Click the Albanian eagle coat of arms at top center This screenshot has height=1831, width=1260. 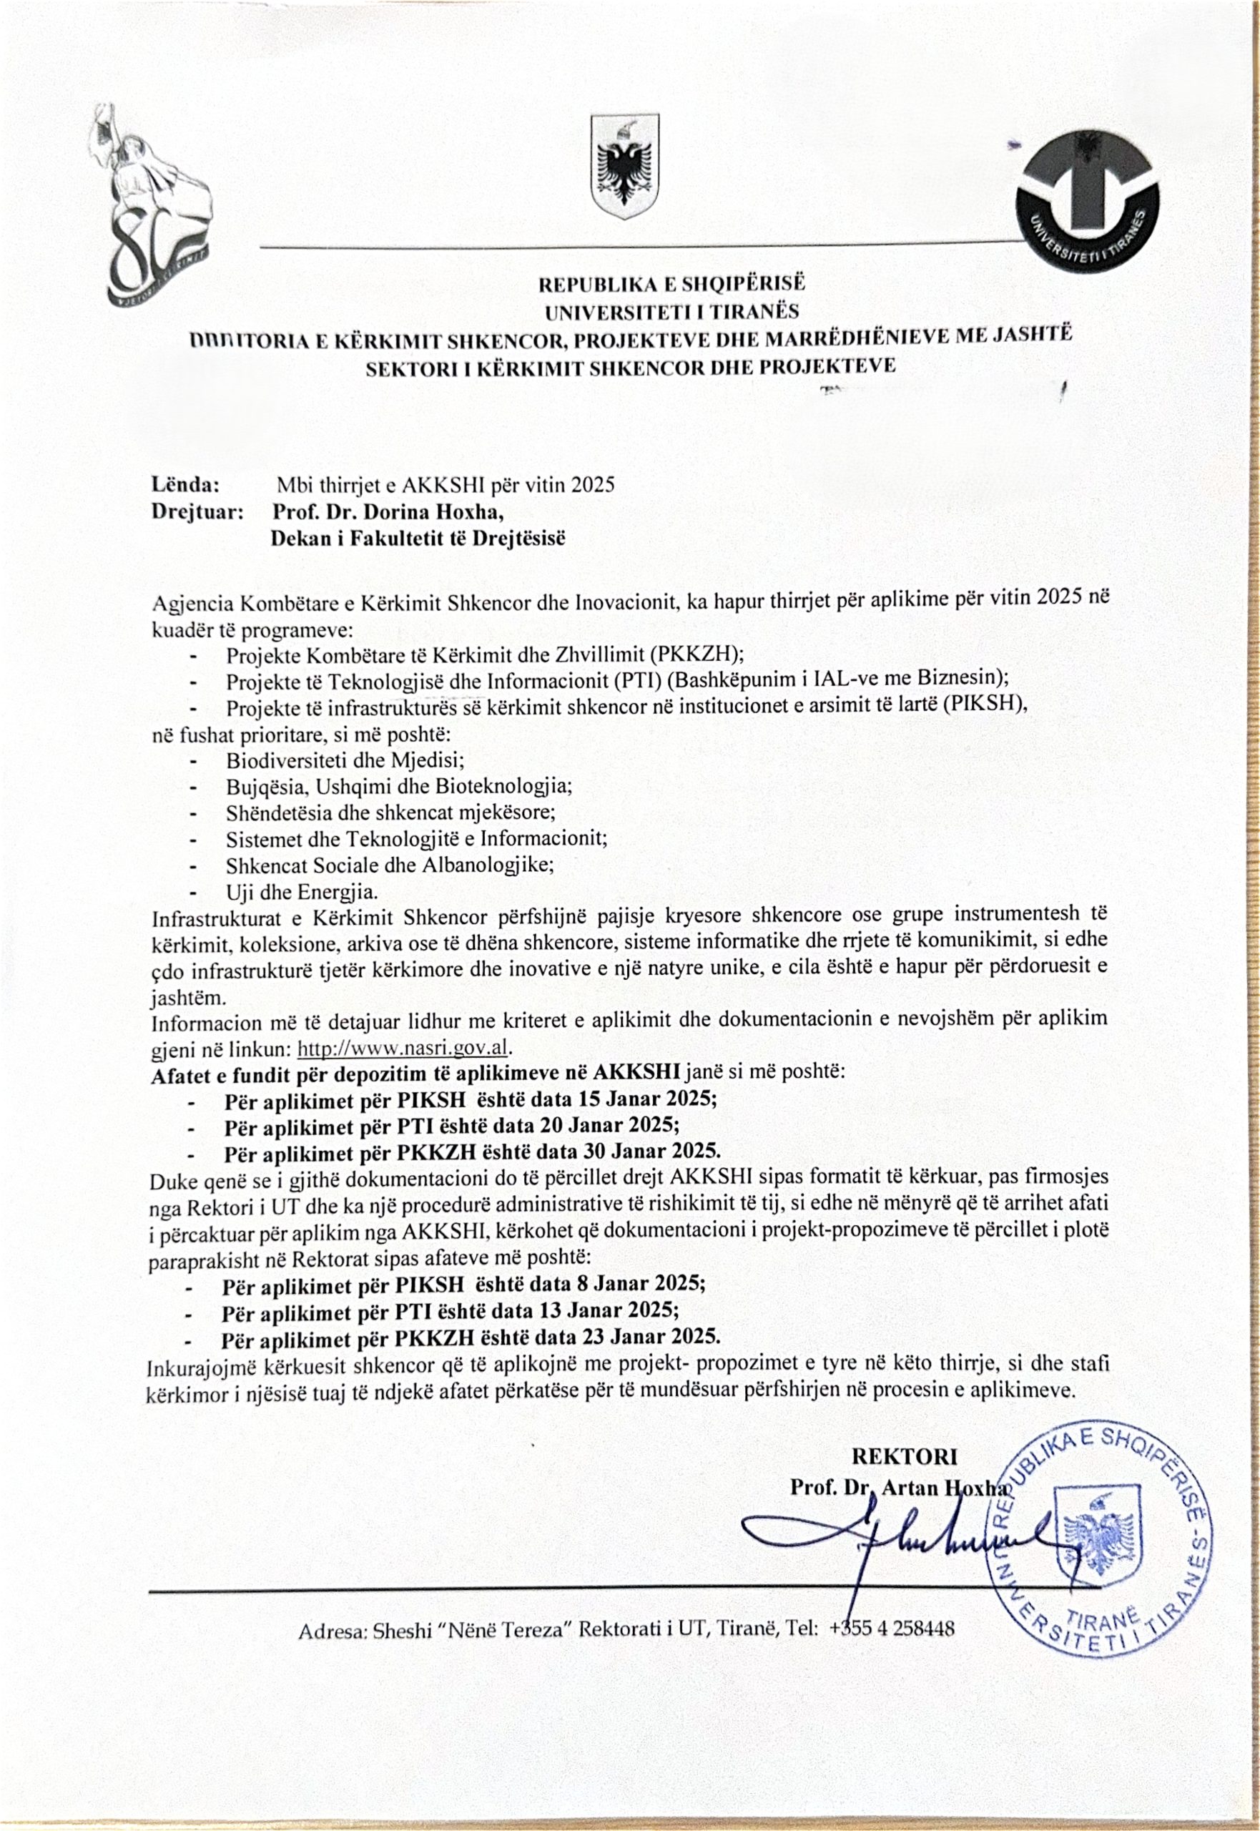tap(624, 167)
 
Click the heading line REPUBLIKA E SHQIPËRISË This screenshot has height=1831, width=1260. tap(672, 283)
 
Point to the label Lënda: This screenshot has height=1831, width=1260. tap(185, 484)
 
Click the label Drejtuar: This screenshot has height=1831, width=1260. tap(197, 511)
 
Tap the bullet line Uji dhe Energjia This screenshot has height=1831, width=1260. tap(302, 892)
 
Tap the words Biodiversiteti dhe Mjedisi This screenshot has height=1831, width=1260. tap(345, 760)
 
